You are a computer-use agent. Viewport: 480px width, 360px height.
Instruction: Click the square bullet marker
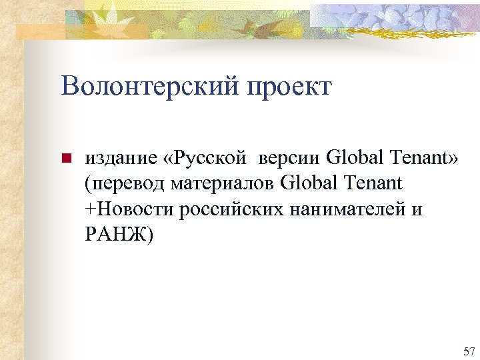tap(65, 159)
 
